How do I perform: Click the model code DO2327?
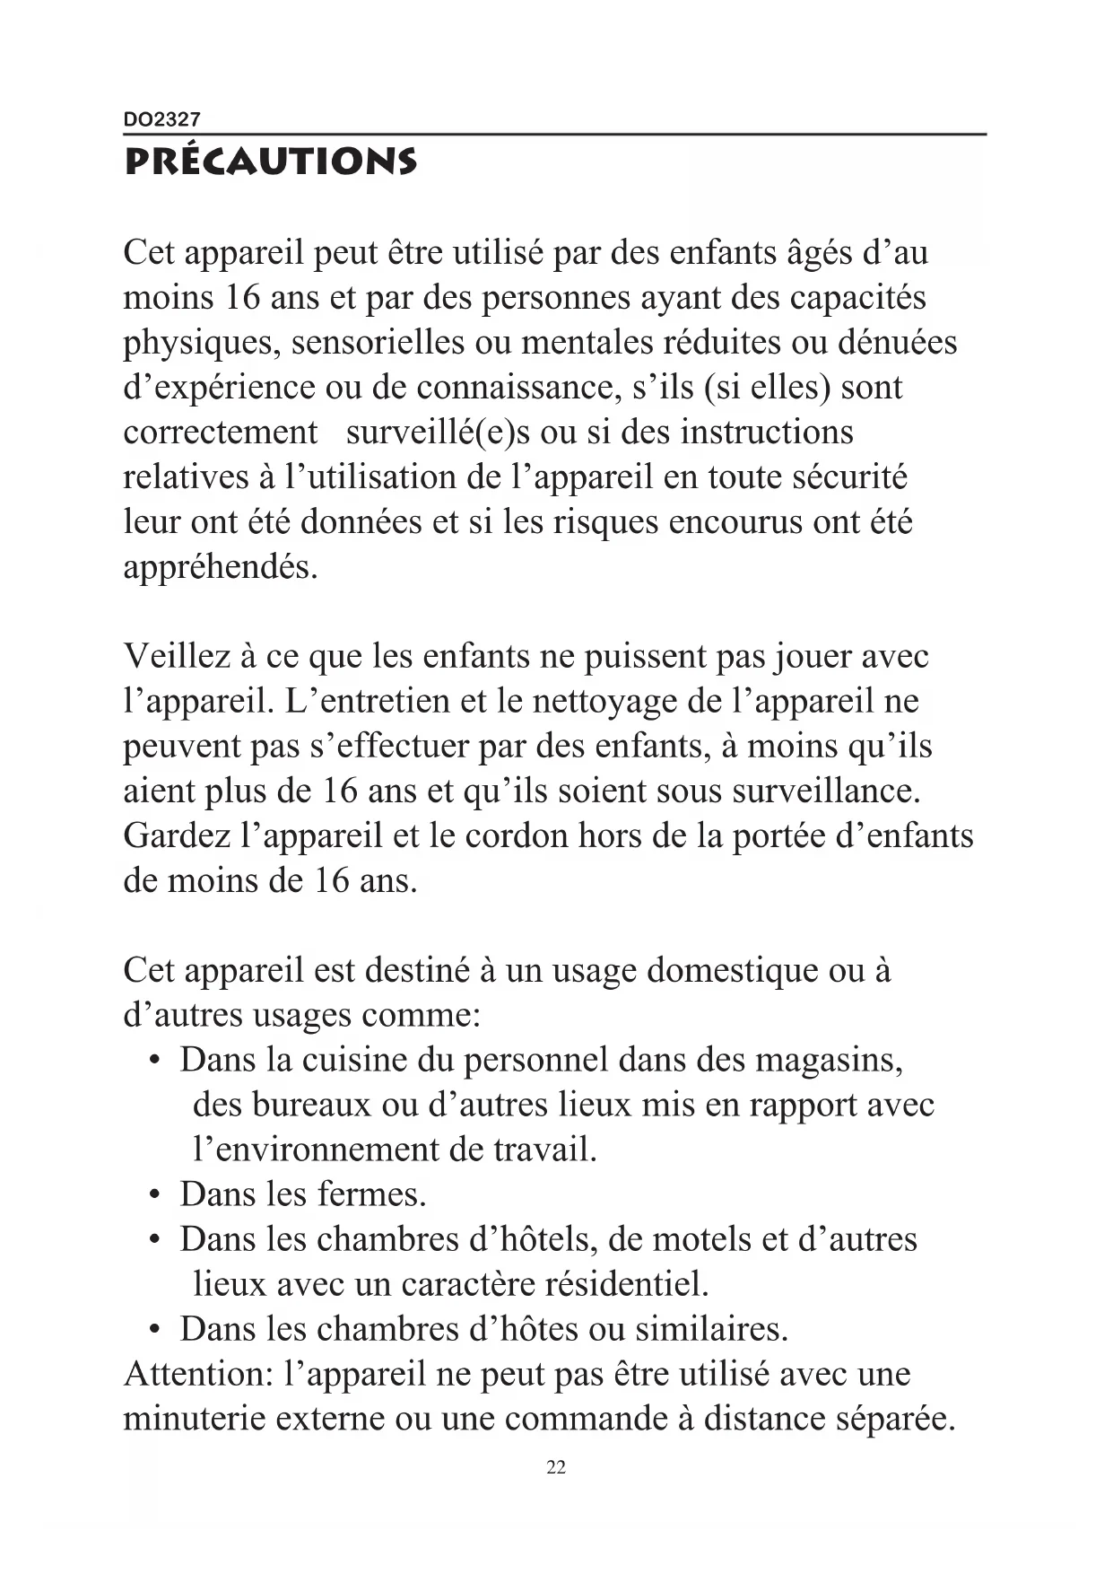click(x=162, y=119)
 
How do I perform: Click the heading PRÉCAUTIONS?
click(x=270, y=162)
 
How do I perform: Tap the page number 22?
click(x=556, y=1467)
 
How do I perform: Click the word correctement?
click(x=221, y=433)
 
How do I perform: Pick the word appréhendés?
click(x=221, y=567)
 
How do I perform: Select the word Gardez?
click(x=177, y=836)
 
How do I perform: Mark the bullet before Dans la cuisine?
click(x=156, y=1062)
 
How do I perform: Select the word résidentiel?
click(x=627, y=1285)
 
